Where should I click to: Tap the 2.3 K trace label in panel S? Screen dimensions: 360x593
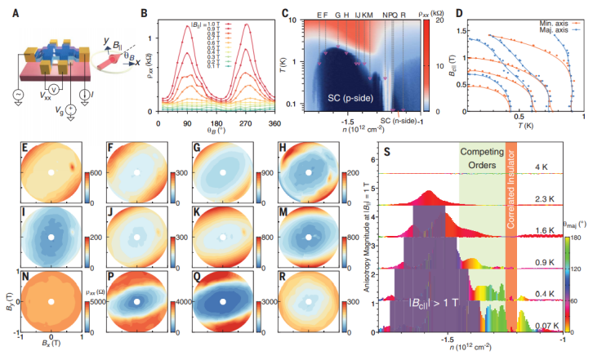tap(541, 198)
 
